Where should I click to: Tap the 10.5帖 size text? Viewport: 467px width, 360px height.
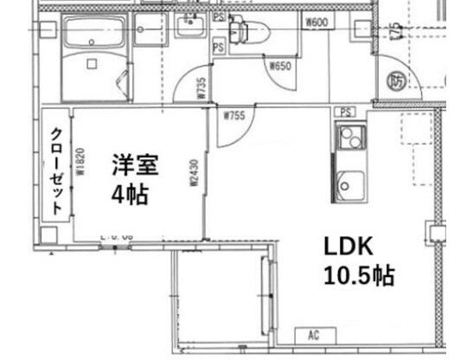[360, 276]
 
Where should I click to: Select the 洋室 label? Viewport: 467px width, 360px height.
[127, 163]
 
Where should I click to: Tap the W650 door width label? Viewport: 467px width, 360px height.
[280, 66]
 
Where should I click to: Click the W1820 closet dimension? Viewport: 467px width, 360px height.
[77, 163]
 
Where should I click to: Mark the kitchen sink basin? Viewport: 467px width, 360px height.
[351, 185]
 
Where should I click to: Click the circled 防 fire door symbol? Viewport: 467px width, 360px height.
[398, 81]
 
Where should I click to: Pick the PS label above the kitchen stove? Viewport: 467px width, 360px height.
[346, 112]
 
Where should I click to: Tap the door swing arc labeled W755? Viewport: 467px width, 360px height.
[237, 130]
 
